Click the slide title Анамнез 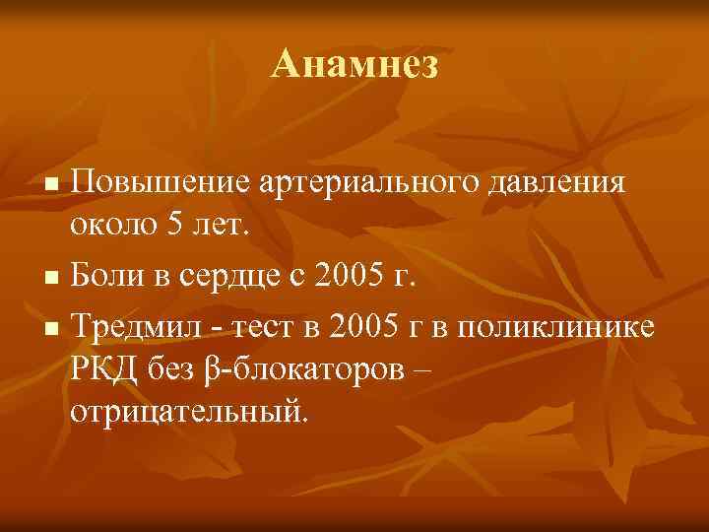point(354,66)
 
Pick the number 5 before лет point(174,228)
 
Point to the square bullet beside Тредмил point(55,326)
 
